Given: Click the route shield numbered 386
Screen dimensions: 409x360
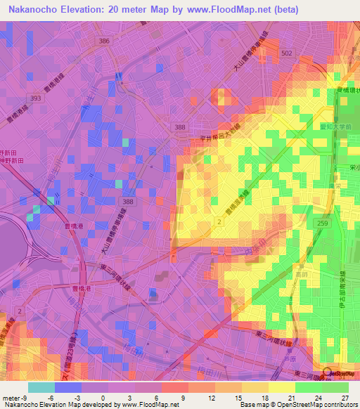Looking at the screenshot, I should pyautogui.click(x=105, y=41).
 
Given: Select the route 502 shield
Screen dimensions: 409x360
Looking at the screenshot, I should pyautogui.click(x=286, y=53).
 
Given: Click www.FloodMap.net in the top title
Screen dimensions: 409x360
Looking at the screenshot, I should pyautogui.click(x=224, y=10).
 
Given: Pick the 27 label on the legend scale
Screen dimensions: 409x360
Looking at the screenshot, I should pyautogui.click(x=345, y=398).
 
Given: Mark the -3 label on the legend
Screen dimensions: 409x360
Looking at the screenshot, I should pyautogui.click(x=79, y=398).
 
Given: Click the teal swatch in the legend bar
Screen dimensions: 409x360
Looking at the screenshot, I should pyautogui.click(x=41, y=387).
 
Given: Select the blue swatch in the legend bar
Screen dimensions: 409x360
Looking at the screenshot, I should pyautogui.click(x=67, y=387).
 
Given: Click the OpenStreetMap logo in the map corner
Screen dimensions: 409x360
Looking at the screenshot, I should pyautogui.click(x=338, y=373).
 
